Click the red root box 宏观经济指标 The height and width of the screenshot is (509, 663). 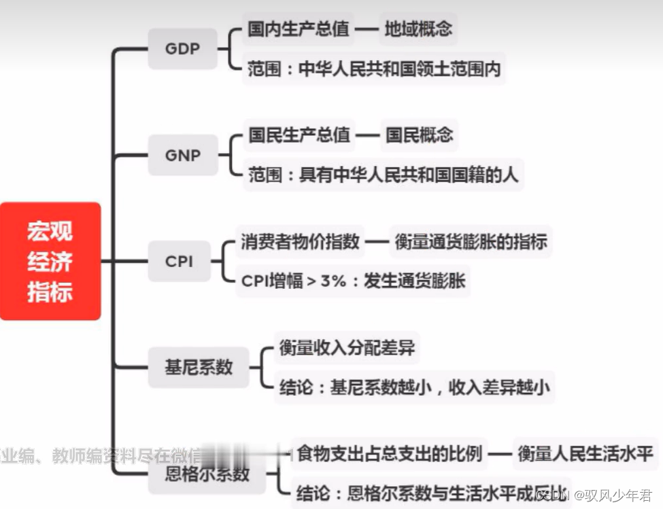click(50, 261)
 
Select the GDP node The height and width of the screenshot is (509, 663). click(182, 49)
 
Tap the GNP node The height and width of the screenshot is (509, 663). click(182, 156)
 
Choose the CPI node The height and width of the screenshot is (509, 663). click(179, 261)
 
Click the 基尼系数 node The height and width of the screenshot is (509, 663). click(199, 367)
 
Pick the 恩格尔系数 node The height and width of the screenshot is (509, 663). click(207, 474)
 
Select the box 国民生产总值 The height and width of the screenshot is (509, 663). click(299, 135)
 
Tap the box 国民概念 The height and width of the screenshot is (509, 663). click(419, 135)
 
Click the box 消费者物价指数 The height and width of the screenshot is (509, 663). click(300, 242)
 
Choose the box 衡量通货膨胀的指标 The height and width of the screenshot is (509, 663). click(471, 242)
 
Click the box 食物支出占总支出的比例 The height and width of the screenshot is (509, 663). click(390, 453)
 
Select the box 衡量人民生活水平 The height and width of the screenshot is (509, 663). click(585, 453)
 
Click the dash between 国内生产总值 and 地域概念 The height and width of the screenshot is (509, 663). click(367, 29)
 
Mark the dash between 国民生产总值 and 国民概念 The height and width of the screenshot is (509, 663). click(368, 135)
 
